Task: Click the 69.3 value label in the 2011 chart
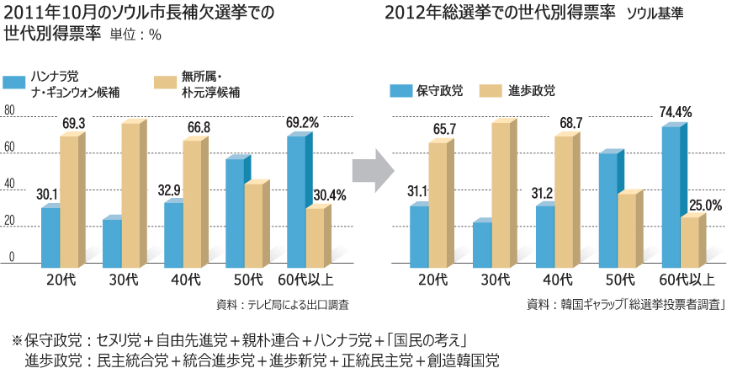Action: pyautogui.click(x=73, y=123)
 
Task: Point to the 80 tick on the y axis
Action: pyautogui.click(x=9, y=112)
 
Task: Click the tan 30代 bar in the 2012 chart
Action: pyautogui.click(x=501, y=194)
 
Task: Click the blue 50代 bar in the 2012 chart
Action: pyautogui.click(x=608, y=209)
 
